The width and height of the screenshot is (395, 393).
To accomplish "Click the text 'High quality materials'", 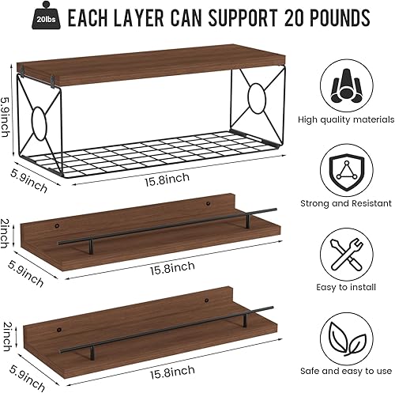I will pos(346,119).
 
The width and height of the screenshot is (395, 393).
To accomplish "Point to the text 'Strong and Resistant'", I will pos(346,203).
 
